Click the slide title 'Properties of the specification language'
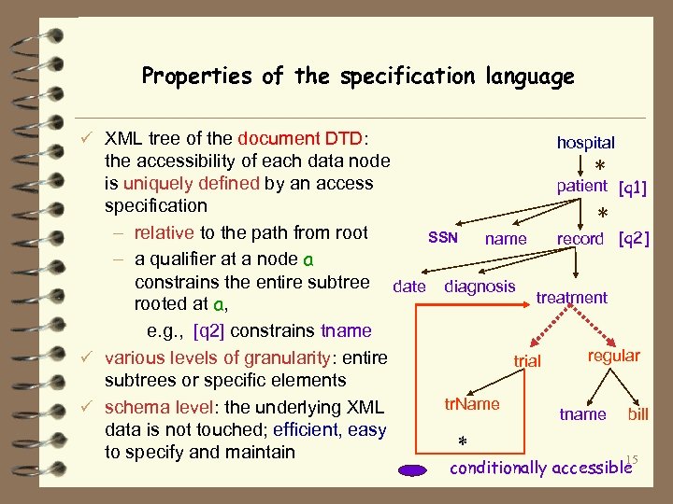tap(358, 77)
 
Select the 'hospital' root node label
tap(586, 143)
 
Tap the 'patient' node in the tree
tap(581, 186)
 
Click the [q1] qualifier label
tap(633, 189)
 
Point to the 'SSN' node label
tap(442, 238)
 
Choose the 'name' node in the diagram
tap(506, 239)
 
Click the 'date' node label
tap(409, 287)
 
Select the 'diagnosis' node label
tap(480, 287)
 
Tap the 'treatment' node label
tap(571, 298)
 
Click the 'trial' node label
tap(528, 360)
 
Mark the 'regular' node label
tap(613, 356)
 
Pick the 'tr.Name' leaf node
tap(472, 404)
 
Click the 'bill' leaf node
tap(638, 413)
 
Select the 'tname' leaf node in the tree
tap(582, 413)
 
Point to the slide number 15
tap(631, 458)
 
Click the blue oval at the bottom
tap(411, 470)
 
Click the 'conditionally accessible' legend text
tap(539, 468)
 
